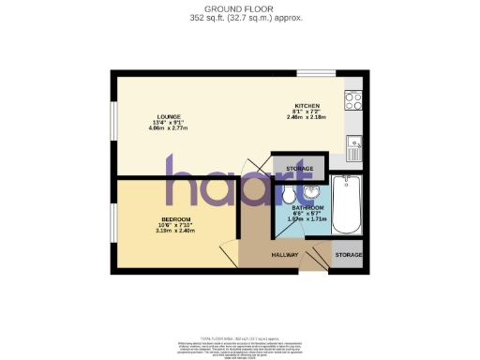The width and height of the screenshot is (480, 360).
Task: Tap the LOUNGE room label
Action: point(170,116)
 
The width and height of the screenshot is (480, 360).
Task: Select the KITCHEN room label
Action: point(307,106)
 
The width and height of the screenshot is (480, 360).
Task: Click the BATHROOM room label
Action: point(307,207)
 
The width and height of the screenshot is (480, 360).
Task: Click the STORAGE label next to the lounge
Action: point(300,169)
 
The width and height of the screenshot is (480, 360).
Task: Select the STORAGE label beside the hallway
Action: point(349,254)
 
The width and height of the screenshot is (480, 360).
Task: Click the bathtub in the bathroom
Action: point(344,203)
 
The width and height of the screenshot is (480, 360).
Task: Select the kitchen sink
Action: point(353,144)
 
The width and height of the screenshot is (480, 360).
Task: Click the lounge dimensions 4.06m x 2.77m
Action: point(170,128)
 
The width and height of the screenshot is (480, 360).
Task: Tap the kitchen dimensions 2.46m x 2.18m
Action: point(307,117)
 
